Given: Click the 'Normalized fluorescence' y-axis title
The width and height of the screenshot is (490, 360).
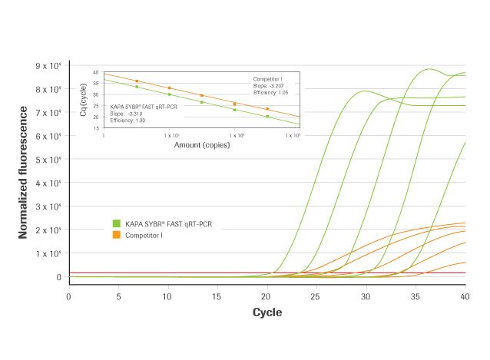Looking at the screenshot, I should click(x=24, y=174).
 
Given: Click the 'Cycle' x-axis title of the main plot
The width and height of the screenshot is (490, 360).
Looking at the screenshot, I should click(x=267, y=312).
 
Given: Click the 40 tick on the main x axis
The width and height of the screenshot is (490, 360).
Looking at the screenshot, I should click(x=465, y=296).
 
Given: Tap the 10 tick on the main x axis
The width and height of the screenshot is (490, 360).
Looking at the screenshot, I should click(x=167, y=296).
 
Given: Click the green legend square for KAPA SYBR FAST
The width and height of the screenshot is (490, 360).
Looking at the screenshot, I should click(x=116, y=223).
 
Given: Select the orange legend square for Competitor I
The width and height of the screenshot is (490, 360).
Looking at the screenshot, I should click(x=116, y=233).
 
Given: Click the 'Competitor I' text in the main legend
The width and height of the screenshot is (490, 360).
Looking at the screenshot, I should click(x=144, y=233).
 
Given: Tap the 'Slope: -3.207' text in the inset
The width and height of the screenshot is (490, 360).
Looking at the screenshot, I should click(x=270, y=86).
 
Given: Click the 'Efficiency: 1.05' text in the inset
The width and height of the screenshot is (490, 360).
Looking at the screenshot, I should click(x=272, y=93).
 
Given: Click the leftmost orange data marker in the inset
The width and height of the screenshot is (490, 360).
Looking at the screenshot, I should click(x=137, y=81).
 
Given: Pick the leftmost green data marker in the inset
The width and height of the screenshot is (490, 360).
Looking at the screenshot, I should click(x=137, y=87).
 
